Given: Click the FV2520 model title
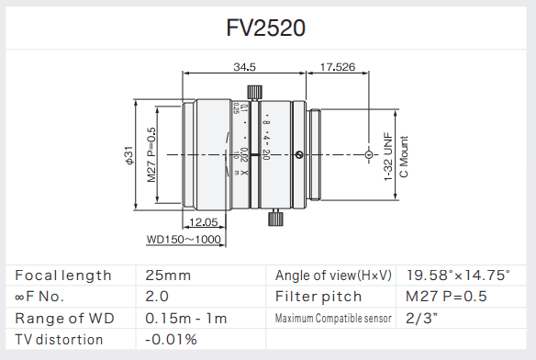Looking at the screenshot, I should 266,28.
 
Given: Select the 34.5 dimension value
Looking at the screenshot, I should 244,66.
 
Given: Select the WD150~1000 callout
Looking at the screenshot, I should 184,240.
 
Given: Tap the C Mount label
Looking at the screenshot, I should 403,154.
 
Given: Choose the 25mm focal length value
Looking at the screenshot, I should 168,275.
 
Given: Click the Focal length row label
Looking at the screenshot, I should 63,275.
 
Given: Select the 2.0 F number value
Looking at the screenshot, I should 158,297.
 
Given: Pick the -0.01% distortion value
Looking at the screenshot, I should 172,340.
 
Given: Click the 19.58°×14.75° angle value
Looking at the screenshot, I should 458,275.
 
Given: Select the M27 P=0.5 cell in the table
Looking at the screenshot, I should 446,297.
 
